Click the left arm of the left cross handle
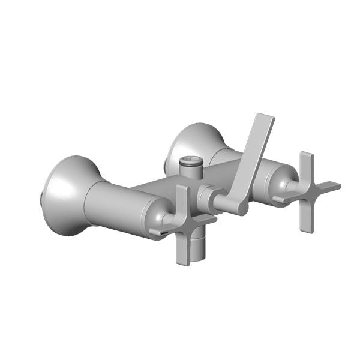tap(159, 230)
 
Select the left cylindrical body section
tap(114, 204)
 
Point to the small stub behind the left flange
tap(41, 196)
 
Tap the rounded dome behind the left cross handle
tap(159, 213)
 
